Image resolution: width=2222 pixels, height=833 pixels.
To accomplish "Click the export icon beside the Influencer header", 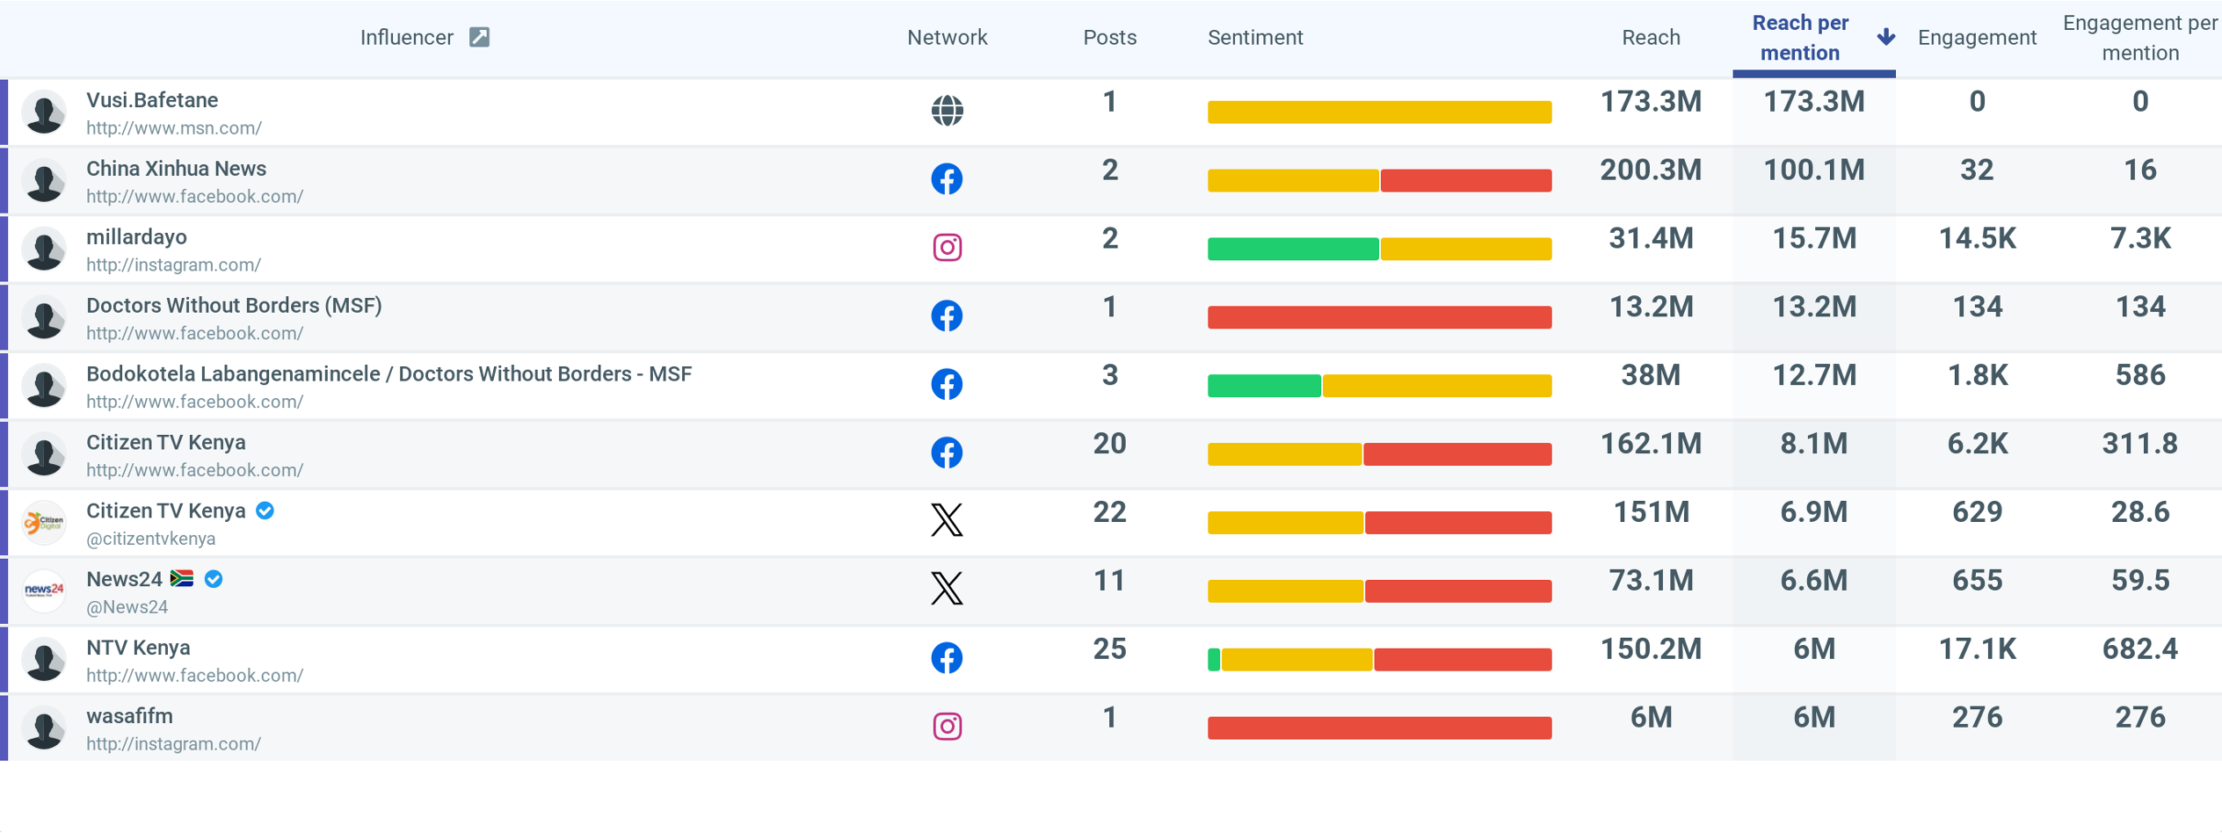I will tap(479, 37).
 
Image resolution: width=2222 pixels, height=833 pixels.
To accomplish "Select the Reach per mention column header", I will tap(1799, 38).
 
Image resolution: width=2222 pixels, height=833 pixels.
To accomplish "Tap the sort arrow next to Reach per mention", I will tap(1885, 37).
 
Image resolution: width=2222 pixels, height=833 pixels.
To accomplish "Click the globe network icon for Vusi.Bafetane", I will tap(947, 111).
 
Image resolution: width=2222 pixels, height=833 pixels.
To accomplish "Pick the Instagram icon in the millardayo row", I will tap(947, 248).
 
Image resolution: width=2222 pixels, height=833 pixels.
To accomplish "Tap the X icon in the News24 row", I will tap(947, 589).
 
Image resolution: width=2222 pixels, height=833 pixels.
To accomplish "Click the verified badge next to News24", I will tap(214, 579).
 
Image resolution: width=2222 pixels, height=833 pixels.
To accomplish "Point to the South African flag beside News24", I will tap(182, 578).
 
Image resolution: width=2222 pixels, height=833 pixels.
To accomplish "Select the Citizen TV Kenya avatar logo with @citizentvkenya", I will tap(44, 523).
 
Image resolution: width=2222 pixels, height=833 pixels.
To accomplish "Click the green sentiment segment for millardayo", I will tap(1292, 250).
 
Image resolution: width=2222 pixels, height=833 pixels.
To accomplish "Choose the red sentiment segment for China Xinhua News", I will tap(1465, 181).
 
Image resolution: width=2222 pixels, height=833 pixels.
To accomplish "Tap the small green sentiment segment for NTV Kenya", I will tap(1214, 660).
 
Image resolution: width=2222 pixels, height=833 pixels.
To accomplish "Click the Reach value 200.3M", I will tap(1650, 170).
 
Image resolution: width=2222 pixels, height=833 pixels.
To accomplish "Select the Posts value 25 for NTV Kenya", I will tap(1109, 649).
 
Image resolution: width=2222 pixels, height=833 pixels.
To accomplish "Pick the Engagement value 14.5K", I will tap(1977, 239).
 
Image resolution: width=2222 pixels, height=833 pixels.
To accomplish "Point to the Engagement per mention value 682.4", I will tap(2139, 649).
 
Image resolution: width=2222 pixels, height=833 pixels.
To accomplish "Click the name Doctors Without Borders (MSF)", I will tap(234, 306).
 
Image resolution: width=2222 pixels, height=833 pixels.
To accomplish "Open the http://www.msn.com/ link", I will tap(174, 128).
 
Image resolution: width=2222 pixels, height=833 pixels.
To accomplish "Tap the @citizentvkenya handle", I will tap(150, 539).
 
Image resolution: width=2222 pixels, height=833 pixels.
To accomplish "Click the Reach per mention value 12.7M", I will tap(1813, 376).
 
